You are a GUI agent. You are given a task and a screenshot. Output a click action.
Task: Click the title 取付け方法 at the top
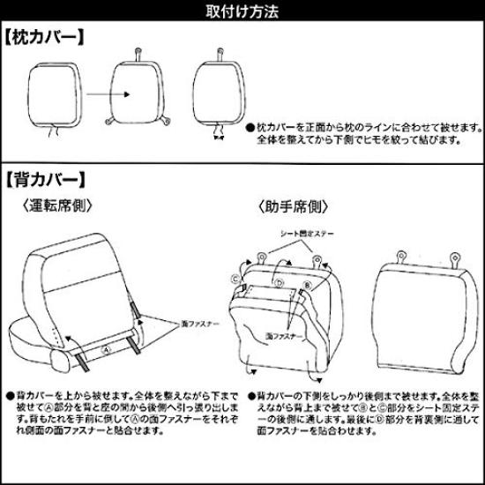242,11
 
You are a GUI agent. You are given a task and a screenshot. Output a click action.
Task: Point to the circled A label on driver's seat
106,348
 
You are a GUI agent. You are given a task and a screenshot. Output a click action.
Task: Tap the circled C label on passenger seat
236,278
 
